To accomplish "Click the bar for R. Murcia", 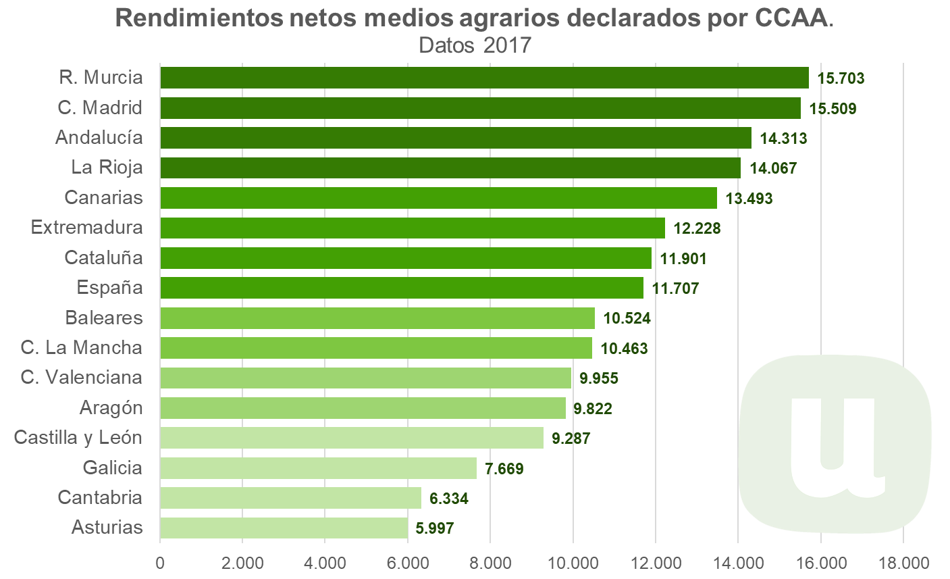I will click(484, 78).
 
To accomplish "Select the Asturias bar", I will click(284, 528).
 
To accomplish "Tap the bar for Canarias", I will click(438, 198).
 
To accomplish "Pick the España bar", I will click(402, 288).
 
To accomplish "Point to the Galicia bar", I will click(318, 468).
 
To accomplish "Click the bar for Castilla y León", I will click(352, 438).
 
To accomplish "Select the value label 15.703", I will click(841, 78).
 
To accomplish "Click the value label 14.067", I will click(773, 168).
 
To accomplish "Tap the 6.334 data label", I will click(448, 499).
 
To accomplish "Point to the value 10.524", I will click(627, 318).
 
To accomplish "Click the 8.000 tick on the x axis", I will click(490, 563).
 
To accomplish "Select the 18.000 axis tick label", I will click(903, 563).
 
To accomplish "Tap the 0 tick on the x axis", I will click(160, 563).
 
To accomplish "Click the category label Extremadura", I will click(87, 227).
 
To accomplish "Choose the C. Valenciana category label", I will click(82, 377).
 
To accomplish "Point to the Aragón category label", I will click(111, 407).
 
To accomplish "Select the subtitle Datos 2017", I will click(475, 45).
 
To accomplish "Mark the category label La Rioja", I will click(107, 167).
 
